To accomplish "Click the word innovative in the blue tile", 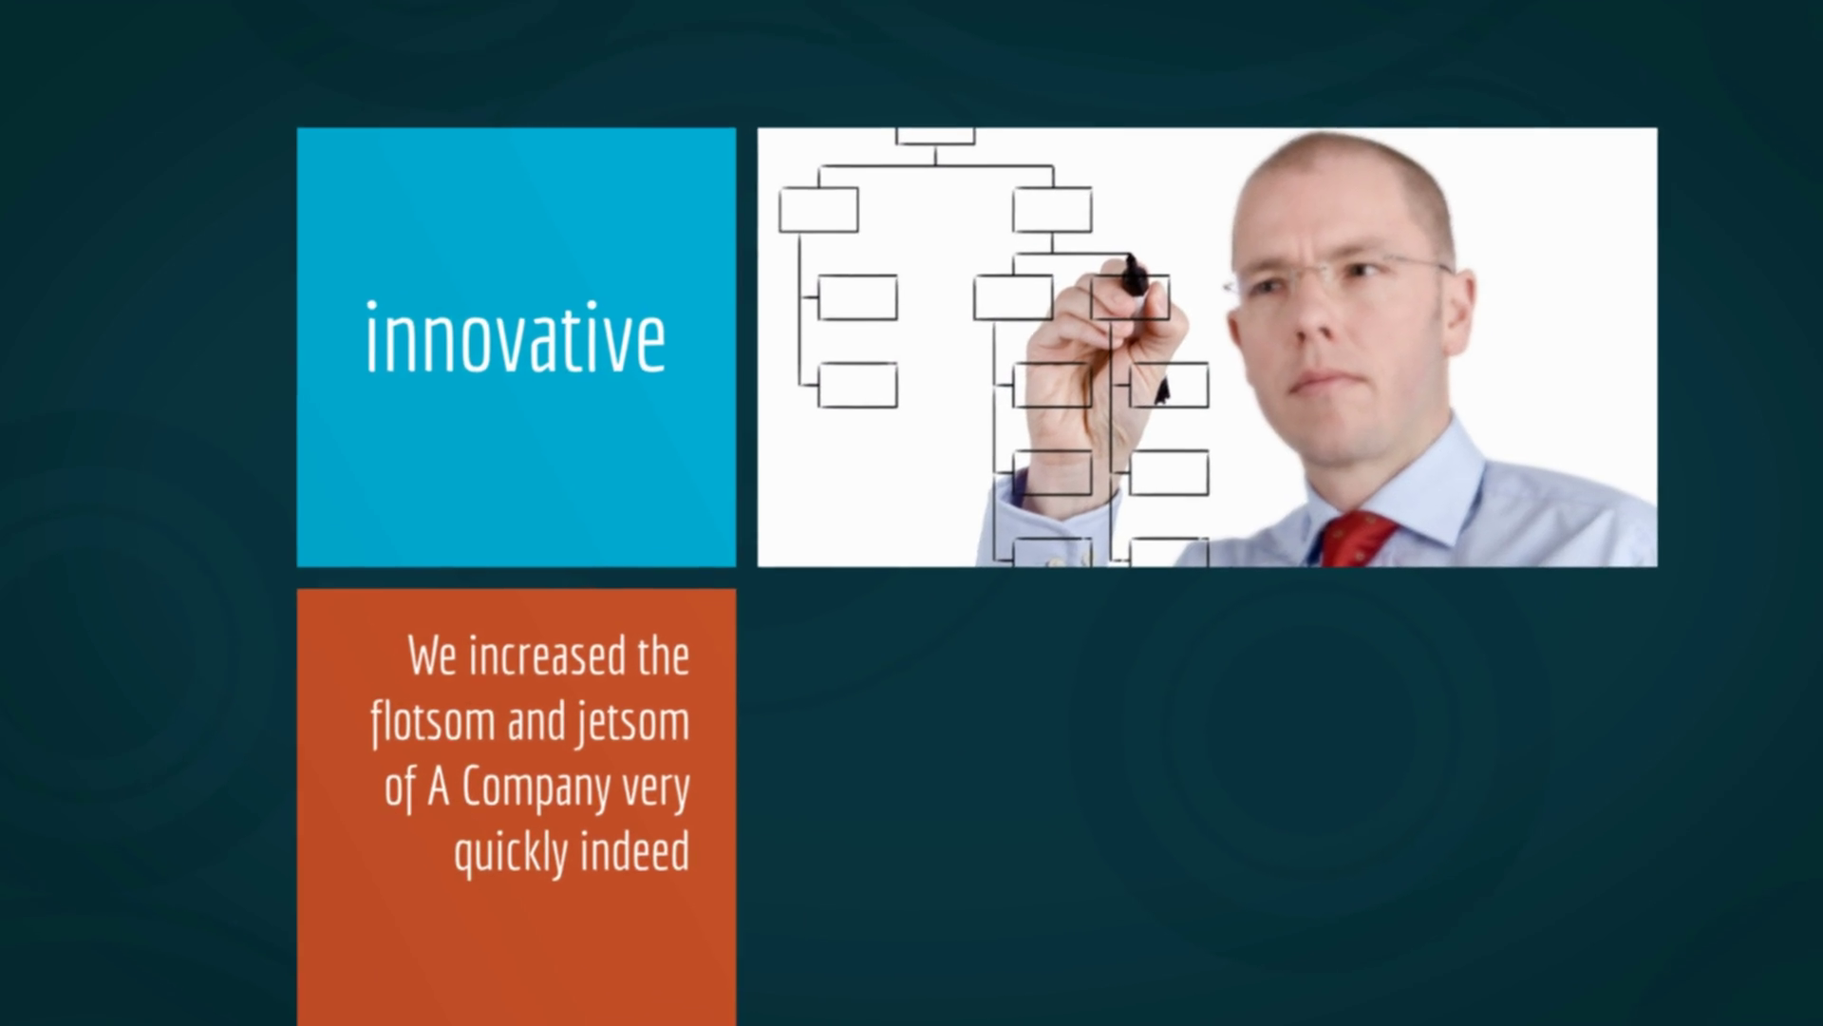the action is [x=516, y=337].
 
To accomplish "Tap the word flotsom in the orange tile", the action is [x=433, y=723].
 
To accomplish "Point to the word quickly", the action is [x=511, y=853].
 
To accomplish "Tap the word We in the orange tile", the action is [x=433, y=656].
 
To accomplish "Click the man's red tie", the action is [x=1358, y=539].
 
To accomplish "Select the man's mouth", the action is [x=1317, y=381].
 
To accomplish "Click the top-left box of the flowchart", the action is [x=818, y=210].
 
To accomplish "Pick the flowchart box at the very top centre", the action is [x=935, y=136].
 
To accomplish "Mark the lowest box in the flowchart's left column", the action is [x=857, y=385].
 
